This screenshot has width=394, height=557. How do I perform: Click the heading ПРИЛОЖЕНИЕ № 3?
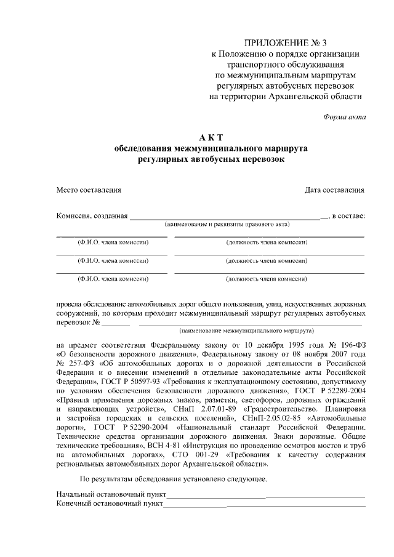tap(286, 42)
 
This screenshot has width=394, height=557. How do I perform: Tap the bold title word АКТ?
tap(211, 137)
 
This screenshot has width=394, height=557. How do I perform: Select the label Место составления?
tap(89, 190)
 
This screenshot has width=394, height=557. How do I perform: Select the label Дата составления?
tap(335, 190)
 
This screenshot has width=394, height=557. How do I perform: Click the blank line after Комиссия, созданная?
tap(228, 217)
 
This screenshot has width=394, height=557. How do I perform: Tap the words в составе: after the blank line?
tap(348, 216)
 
